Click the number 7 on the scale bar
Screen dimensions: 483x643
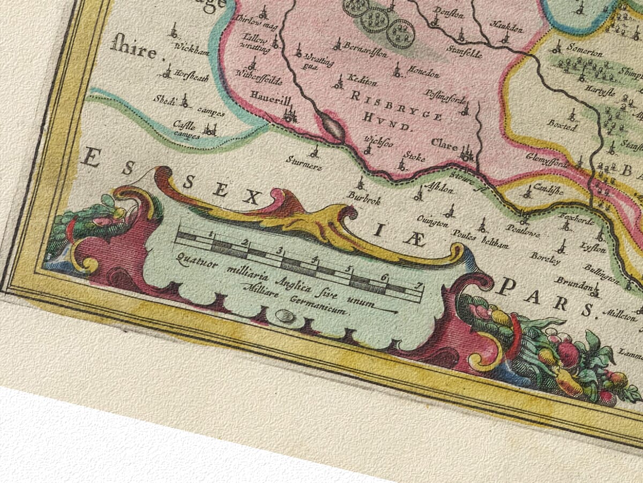tap(417, 285)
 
